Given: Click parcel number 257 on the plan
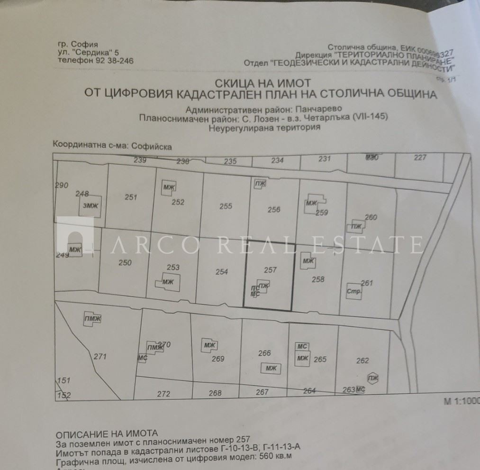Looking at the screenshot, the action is point(270,270).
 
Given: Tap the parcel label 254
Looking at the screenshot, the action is point(221,272).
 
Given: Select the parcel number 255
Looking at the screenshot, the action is point(226,206).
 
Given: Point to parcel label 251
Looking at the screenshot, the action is point(131,197).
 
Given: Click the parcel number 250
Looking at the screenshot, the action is point(125,263).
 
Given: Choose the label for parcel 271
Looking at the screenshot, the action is point(100,357).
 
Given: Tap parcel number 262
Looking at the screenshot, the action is point(362,360).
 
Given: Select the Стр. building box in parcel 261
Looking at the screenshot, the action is point(354,291).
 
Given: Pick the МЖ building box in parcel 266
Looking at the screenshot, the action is point(271,369).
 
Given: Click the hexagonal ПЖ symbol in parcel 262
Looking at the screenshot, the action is point(373,378).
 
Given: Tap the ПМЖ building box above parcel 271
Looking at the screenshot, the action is point(92,318).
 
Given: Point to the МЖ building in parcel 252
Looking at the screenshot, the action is point(169,186).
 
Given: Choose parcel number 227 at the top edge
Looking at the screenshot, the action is point(420,158).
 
